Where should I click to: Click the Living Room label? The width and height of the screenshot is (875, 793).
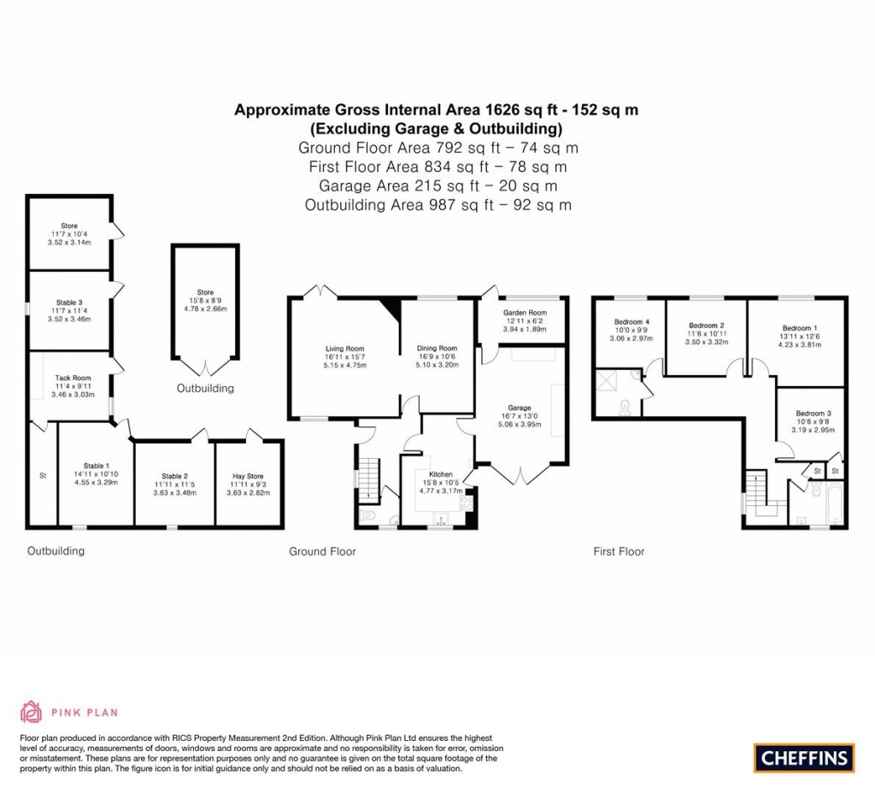344,348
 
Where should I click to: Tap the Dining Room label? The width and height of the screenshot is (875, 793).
437,348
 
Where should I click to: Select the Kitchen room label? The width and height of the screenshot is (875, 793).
441,474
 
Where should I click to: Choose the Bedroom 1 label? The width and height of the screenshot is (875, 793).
800,328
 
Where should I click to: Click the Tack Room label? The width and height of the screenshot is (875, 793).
73,377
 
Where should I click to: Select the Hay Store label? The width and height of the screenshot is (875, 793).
249,476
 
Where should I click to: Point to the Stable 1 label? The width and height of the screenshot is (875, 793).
96,465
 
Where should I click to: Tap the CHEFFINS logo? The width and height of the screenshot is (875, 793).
803,757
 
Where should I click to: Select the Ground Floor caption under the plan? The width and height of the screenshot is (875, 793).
322,552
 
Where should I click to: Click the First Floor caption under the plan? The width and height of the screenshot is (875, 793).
619,552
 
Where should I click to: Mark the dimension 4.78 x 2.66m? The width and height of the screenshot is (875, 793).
205,308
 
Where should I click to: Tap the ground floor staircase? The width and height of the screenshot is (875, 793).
368,480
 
